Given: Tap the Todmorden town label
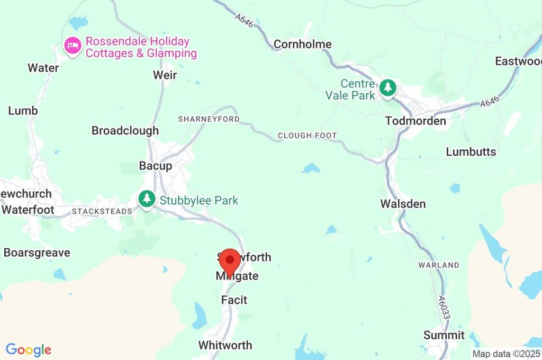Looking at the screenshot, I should click(415, 121).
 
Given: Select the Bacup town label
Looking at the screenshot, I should click(156, 166).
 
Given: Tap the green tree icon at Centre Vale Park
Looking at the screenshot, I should click(388, 87).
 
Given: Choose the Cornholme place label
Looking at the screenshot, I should click(303, 44).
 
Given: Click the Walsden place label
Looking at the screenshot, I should click(403, 204).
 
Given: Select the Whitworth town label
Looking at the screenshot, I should click(225, 345).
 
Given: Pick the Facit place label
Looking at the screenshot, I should click(234, 300).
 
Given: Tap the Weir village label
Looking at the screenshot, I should click(165, 75).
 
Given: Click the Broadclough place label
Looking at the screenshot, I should click(125, 130).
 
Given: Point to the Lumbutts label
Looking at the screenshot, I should click(471, 152).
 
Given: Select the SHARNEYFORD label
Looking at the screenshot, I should click(209, 119).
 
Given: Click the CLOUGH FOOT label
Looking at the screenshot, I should click(307, 136).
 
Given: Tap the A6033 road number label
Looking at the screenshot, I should click(443, 306).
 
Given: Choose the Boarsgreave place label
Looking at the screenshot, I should click(37, 253).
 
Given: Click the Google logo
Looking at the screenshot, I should click(29, 350).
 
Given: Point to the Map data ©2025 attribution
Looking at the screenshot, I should click(506, 354).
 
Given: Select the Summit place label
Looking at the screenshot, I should click(444, 335).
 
